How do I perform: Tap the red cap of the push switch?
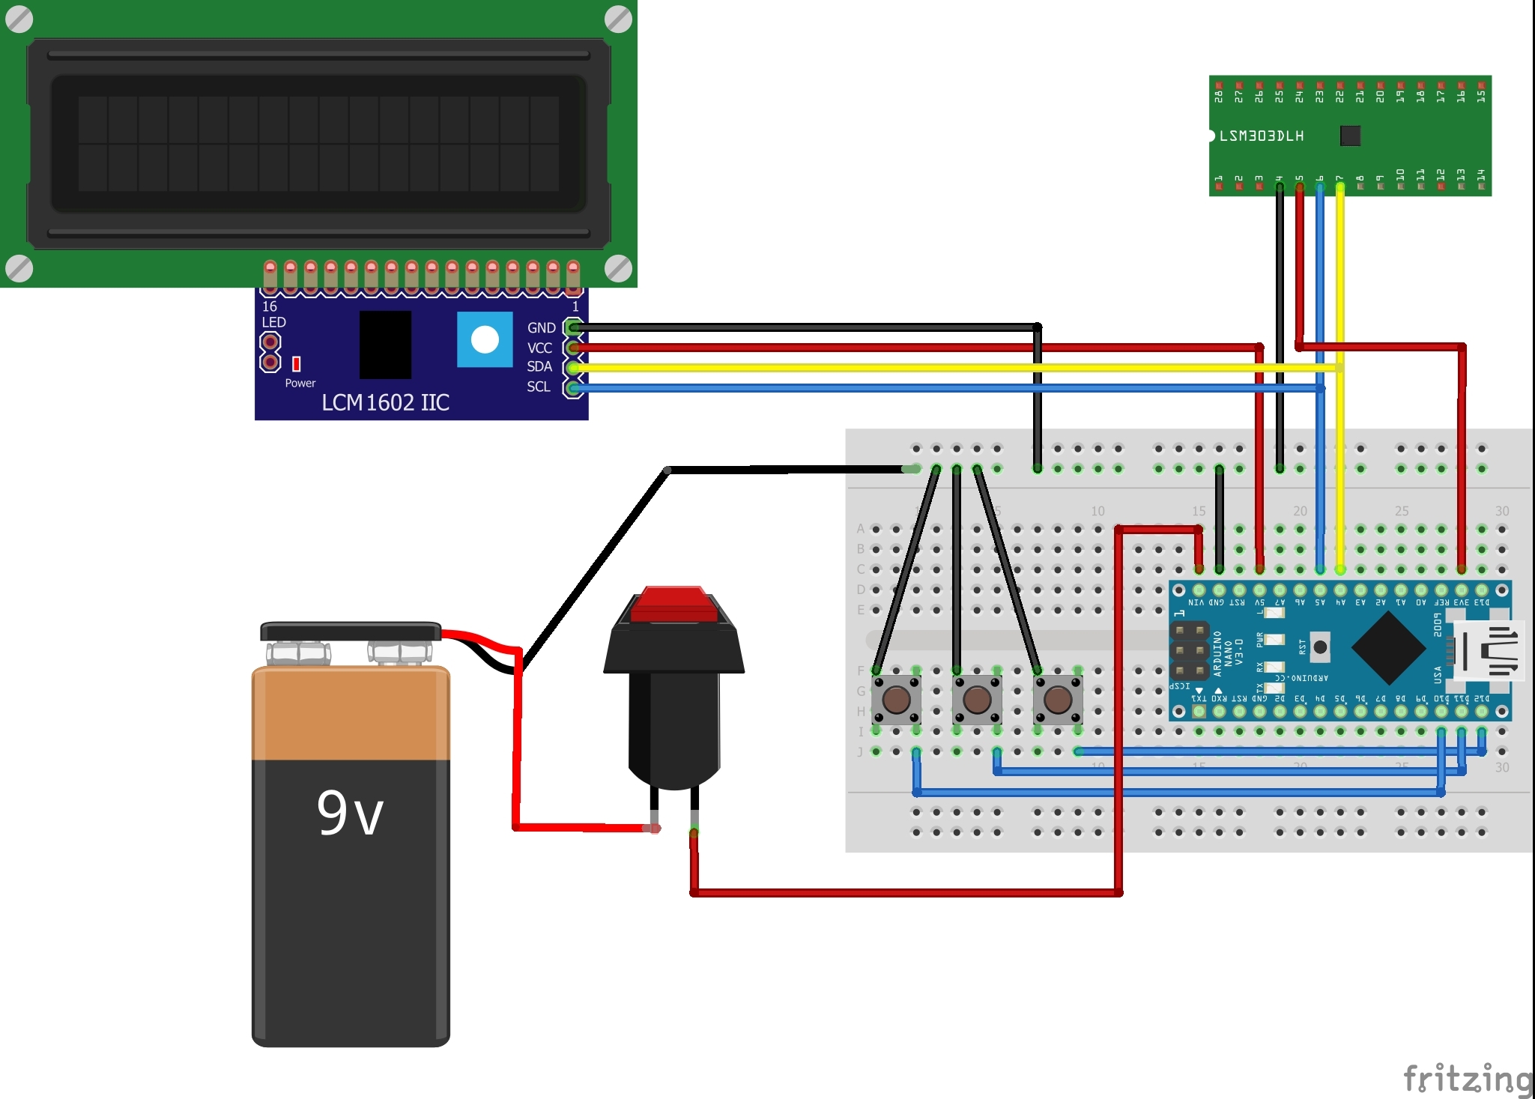tap(673, 605)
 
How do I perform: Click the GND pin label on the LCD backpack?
tap(541, 328)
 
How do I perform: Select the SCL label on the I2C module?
tap(538, 387)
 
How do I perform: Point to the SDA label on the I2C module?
tap(539, 366)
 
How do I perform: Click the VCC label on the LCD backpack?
tap(539, 348)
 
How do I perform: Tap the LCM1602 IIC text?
tap(385, 402)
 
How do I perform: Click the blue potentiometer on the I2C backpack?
tap(485, 339)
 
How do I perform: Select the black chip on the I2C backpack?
tap(385, 345)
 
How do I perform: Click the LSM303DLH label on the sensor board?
tap(1262, 136)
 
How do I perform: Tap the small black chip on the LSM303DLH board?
tap(1349, 136)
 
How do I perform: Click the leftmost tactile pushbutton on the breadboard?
tap(896, 700)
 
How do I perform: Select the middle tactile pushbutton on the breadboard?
tap(977, 700)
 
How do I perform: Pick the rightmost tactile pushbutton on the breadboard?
tap(1058, 700)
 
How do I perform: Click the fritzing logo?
tap(1467, 1079)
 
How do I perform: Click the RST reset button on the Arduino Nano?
tap(1320, 647)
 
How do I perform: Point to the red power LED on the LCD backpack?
tap(297, 363)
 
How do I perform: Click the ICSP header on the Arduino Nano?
tap(1189, 650)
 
